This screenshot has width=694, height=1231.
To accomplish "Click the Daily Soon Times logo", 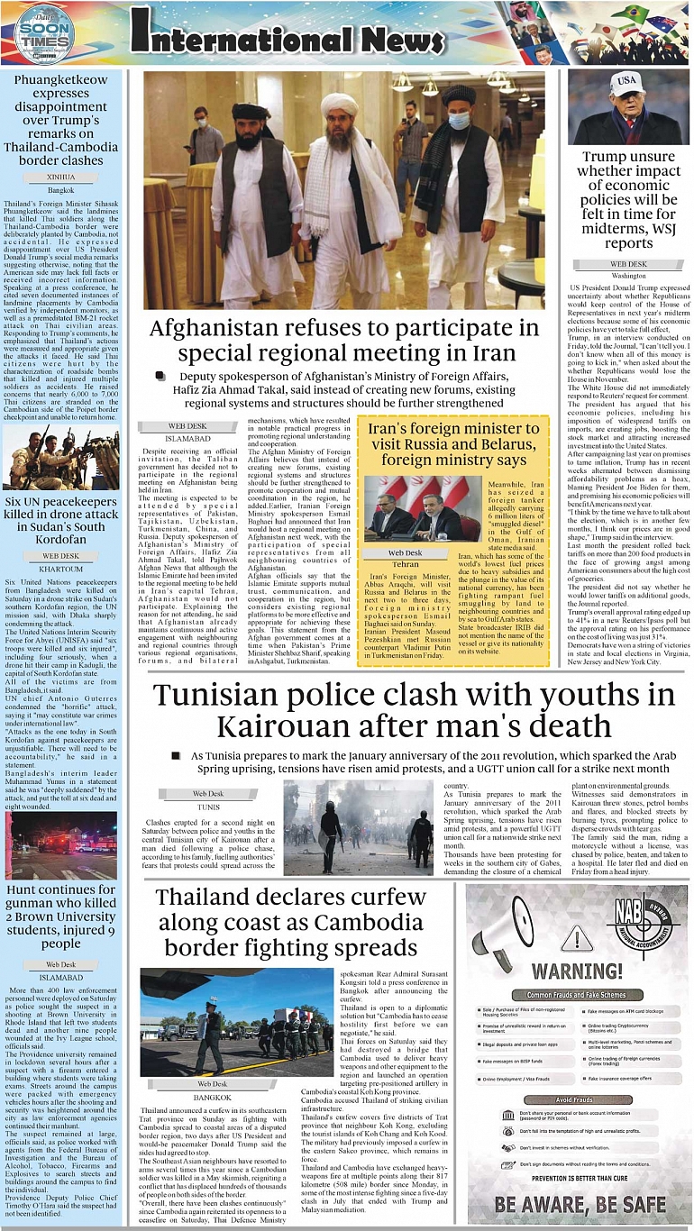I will pos(44,35).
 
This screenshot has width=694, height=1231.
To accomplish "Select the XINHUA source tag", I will pos(61,178).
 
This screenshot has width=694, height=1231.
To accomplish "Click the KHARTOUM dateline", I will pos(61,570).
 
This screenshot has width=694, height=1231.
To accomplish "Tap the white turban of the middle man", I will pos(339,105).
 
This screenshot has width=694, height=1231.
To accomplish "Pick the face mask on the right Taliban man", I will pos(459,120).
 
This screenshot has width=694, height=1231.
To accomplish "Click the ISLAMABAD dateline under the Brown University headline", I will pos(61,976).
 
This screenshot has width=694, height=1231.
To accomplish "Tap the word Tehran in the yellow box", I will pos(405,564).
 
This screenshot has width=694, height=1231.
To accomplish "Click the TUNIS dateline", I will pos(208,807).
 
